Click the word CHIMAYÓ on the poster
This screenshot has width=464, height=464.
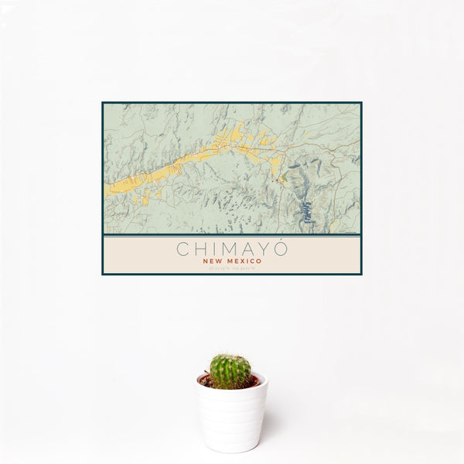[x=232, y=249]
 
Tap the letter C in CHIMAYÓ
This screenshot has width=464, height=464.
[x=183, y=249]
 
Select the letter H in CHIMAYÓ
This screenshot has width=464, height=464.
[x=200, y=249]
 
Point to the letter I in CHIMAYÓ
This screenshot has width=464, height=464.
[x=213, y=249]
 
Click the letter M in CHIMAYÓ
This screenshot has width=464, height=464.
[x=227, y=249]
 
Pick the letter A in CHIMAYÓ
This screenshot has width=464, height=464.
[x=247, y=249]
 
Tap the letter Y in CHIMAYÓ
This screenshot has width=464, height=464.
[x=264, y=249]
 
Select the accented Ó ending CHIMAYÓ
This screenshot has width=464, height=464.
[x=281, y=248]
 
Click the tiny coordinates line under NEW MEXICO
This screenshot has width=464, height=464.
[x=232, y=268]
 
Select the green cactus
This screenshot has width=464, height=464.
[x=230, y=371]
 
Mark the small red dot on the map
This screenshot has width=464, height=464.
[x=276, y=179]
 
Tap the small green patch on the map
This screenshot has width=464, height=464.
[x=283, y=179]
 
